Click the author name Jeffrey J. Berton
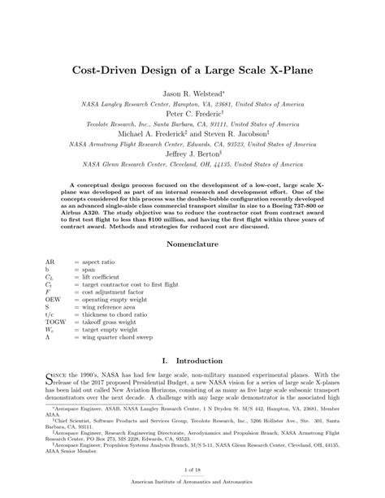click(x=192, y=150)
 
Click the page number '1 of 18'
click(x=192, y=470)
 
